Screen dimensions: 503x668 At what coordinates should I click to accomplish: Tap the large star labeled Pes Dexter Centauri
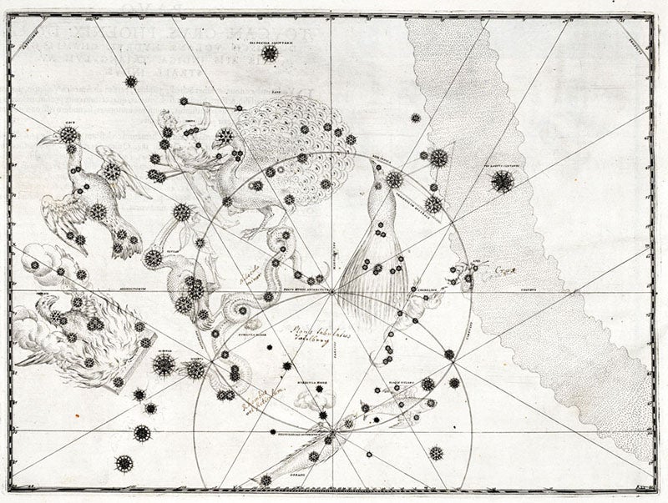(502, 180)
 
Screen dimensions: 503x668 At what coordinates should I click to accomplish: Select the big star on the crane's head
(68, 134)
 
